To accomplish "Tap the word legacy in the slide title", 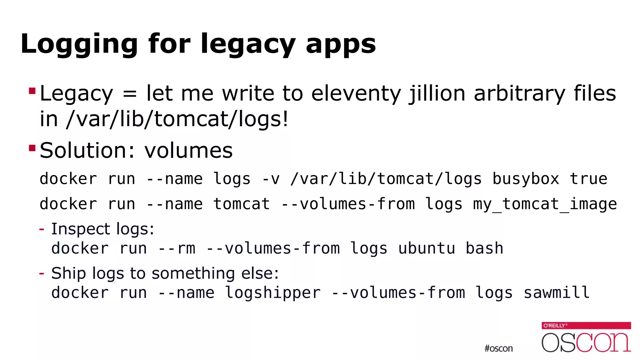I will pyautogui.click(x=247, y=44).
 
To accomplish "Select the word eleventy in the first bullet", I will pyautogui.click(x=356, y=93).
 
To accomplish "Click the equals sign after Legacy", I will pyautogui.click(x=130, y=94).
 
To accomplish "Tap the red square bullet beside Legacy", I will pyautogui.click(x=32, y=91).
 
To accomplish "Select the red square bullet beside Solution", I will pyautogui.click(x=32, y=148).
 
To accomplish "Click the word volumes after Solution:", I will pyautogui.click(x=188, y=151).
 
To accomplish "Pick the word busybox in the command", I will pyautogui.click(x=526, y=179).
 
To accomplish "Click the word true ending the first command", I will pyautogui.click(x=588, y=179).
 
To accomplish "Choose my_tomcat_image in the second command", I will pyautogui.click(x=545, y=204).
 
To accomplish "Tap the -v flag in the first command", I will pyautogui.click(x=271, y=179).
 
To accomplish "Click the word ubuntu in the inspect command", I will pyautogui.click(x=427, y=248).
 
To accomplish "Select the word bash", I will pyautogui.click(x=484, y=248).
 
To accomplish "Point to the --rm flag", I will pyautogui.click(x=177, y=248).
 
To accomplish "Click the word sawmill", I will pyautogui.click(x=557, y=293).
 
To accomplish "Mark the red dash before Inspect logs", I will pyautogui.click(x=42, y=229).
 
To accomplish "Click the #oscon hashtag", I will pyautogui.click(x=498, y=348).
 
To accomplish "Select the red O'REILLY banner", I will pyautogui.click(x=586, y=325).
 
